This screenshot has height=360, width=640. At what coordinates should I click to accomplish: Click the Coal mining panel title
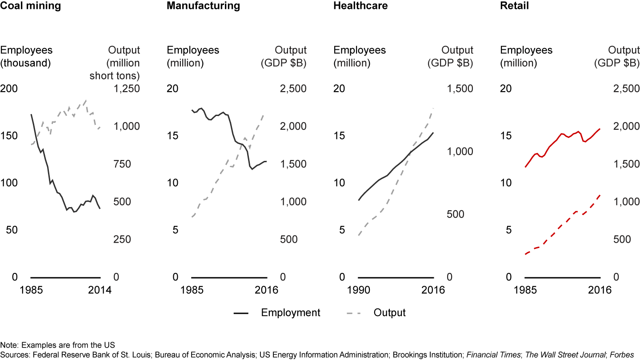click(x=31, y=6)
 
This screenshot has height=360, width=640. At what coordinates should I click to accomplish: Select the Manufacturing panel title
click(x=203, y=6)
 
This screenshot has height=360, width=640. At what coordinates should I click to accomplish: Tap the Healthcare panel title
click(x=360, y=6)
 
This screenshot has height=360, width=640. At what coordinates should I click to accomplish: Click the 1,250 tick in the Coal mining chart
click(x=127, y=88)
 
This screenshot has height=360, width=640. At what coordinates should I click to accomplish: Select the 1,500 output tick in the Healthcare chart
click(x=460, y=88)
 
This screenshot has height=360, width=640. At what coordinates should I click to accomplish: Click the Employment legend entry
click(x=291, y=312)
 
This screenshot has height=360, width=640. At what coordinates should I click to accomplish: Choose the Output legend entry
click(x=389, y=312)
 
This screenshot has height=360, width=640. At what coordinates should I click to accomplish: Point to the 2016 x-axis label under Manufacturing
click(x=267, y=290)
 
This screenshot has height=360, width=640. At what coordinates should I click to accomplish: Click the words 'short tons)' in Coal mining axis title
click(x=115, y=76)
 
